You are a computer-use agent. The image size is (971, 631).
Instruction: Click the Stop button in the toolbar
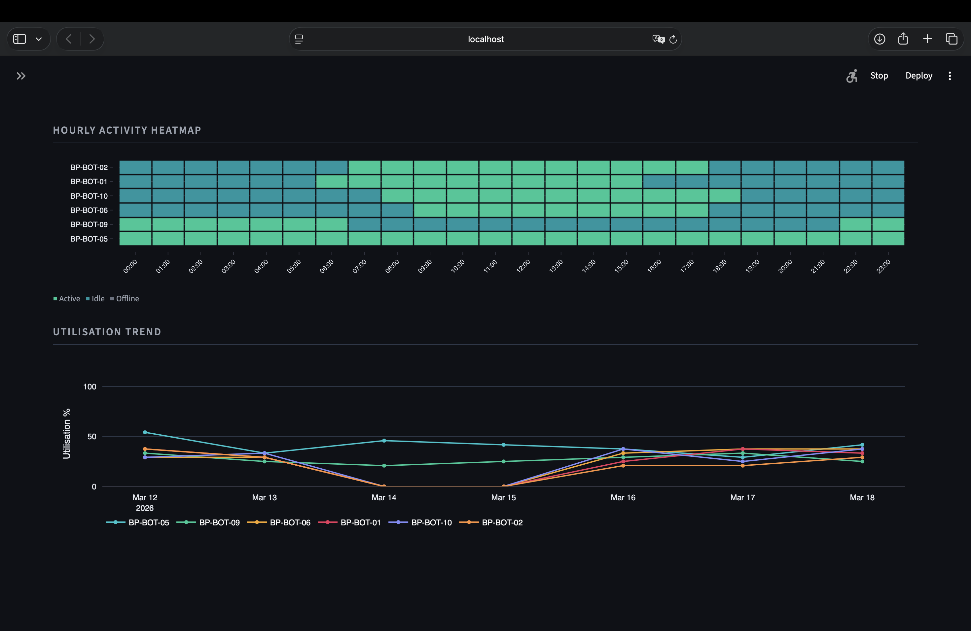(x=879, y=76)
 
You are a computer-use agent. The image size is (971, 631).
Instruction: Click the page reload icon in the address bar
(x=673, y=39)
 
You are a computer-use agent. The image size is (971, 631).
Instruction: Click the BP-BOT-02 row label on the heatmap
(x=89, y=167)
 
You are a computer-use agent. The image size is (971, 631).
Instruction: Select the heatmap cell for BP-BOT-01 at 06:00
(x=332, y=182)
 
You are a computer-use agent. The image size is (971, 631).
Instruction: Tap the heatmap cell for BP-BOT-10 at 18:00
(x=725, y=196)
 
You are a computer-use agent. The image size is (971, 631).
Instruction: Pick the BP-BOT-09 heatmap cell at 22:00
(x=855, y=224)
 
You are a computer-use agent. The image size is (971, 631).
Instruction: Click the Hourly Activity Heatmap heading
(x=127, y=130)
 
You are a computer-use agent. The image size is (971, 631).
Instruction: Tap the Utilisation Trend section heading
(x=107, y=332)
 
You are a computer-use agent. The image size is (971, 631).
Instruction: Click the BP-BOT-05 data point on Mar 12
(x=145, y=432)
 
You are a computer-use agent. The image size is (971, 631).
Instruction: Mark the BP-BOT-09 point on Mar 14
(x=384, y=466)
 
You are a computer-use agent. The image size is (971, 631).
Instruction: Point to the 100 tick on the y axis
(x=90, y=386)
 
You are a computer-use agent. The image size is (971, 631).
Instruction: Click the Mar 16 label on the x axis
(x=623, y=497)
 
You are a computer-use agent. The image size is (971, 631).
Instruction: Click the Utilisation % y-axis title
(x=66, y=433)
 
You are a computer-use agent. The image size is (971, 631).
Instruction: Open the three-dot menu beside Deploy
(x=950, y=76)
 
